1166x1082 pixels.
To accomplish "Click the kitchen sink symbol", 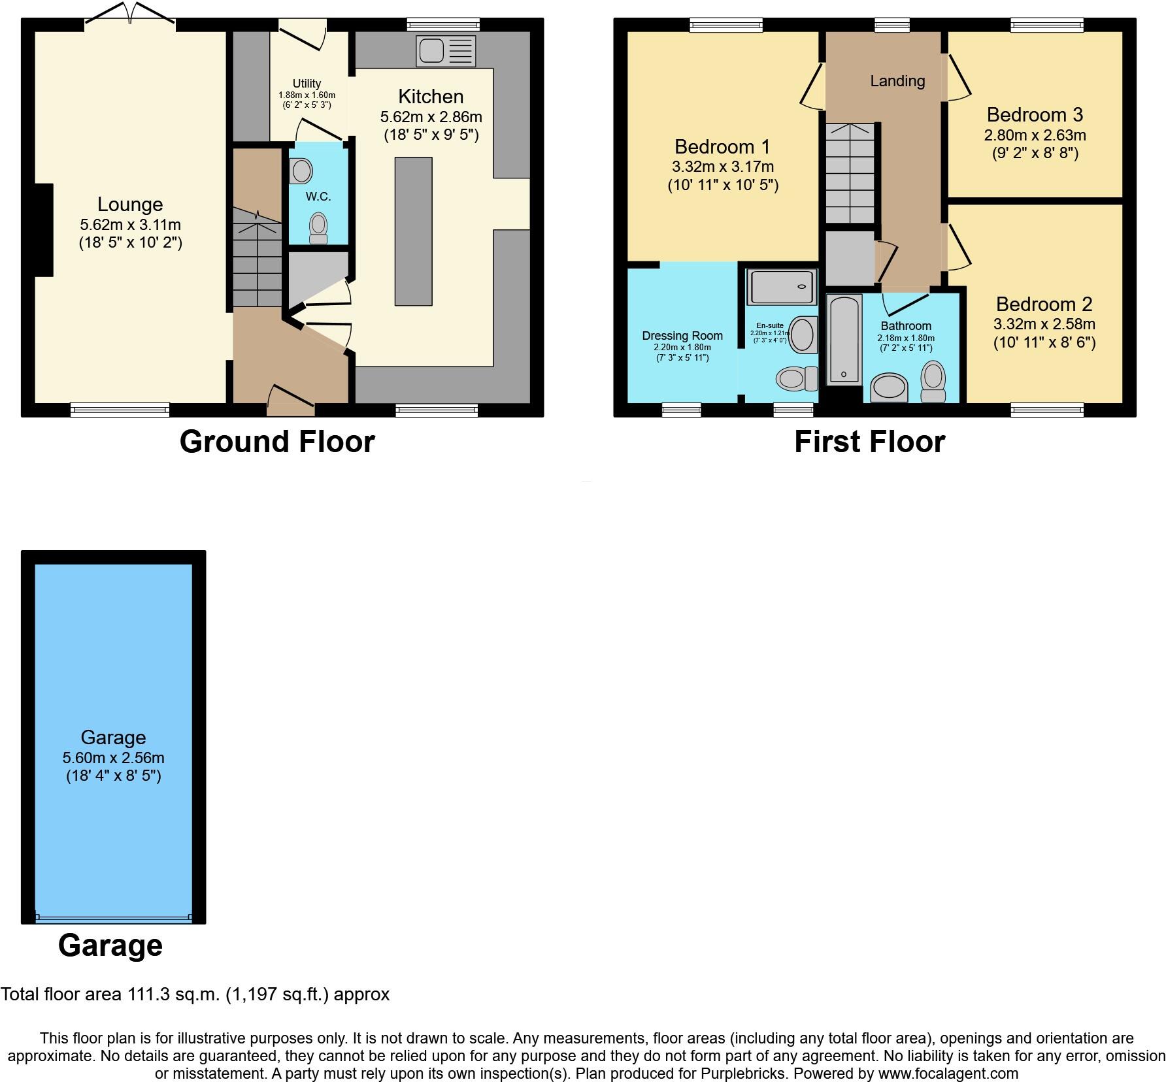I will click(446, 51).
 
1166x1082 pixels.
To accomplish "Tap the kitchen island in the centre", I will click(413, 231).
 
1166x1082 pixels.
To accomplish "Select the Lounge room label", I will click(130, 205).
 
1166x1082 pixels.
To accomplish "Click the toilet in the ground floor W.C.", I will click(318, 228).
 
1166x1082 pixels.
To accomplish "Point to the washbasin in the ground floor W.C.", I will click(301, 171).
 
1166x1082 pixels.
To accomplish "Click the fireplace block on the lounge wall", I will click(43, 230).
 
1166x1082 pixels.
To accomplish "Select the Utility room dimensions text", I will click(307, 99).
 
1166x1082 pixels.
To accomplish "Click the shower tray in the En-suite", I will click(782, 286).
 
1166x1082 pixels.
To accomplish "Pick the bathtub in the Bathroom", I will click(844, 340).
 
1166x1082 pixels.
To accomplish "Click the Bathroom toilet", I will click(933, 382).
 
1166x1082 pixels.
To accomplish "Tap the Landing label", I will click(897, 81).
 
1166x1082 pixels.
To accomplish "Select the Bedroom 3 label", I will click(1035, 115).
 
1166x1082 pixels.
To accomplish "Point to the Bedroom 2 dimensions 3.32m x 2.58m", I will click(1044, 324).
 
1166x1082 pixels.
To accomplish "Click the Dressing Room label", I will click(682, 336).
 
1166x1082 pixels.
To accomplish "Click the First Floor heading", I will click(869, 442).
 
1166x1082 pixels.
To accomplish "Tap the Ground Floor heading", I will click(277, 442).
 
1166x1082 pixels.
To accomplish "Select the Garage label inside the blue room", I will click(113, 738).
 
